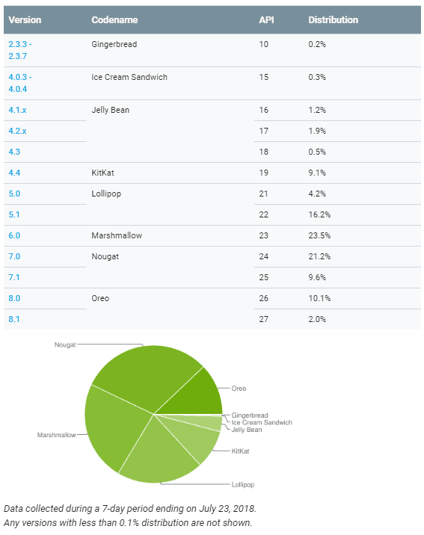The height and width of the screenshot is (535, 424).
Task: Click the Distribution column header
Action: coord(334,19)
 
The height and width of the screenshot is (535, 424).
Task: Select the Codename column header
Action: coord(114,19)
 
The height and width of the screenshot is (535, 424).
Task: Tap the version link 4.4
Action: coord(14,173)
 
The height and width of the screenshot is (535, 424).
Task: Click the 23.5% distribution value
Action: coord(319,235)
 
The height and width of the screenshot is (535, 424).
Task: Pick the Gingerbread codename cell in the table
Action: coord(114,44)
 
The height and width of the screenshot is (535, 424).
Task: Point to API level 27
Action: coord(263,319)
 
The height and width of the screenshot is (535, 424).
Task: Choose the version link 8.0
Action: coord(14,298)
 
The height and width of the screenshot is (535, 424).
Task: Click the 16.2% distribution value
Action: coord(319,214)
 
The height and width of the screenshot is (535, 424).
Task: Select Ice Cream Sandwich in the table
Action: coord(129,77)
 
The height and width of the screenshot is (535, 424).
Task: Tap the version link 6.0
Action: coord(14,235)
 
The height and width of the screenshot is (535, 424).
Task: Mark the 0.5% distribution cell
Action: coord(317,152)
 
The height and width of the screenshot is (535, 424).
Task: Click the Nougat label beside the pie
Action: coord(65,344)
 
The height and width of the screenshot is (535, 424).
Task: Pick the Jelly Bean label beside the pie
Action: coord(247,430)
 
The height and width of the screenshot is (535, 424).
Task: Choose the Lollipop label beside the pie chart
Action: coord(243,484)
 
